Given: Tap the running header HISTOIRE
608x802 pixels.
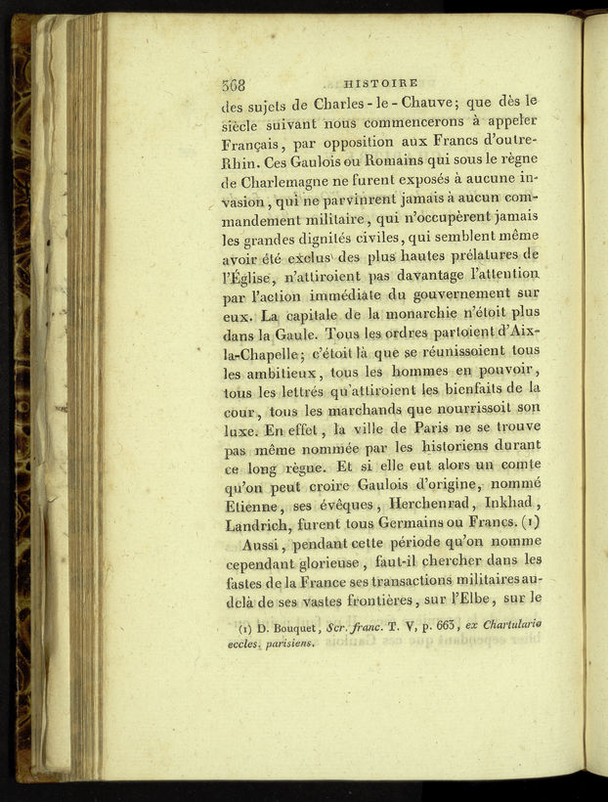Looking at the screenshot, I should pos(381,83).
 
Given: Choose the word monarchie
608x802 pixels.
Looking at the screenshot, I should pos(398,314).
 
